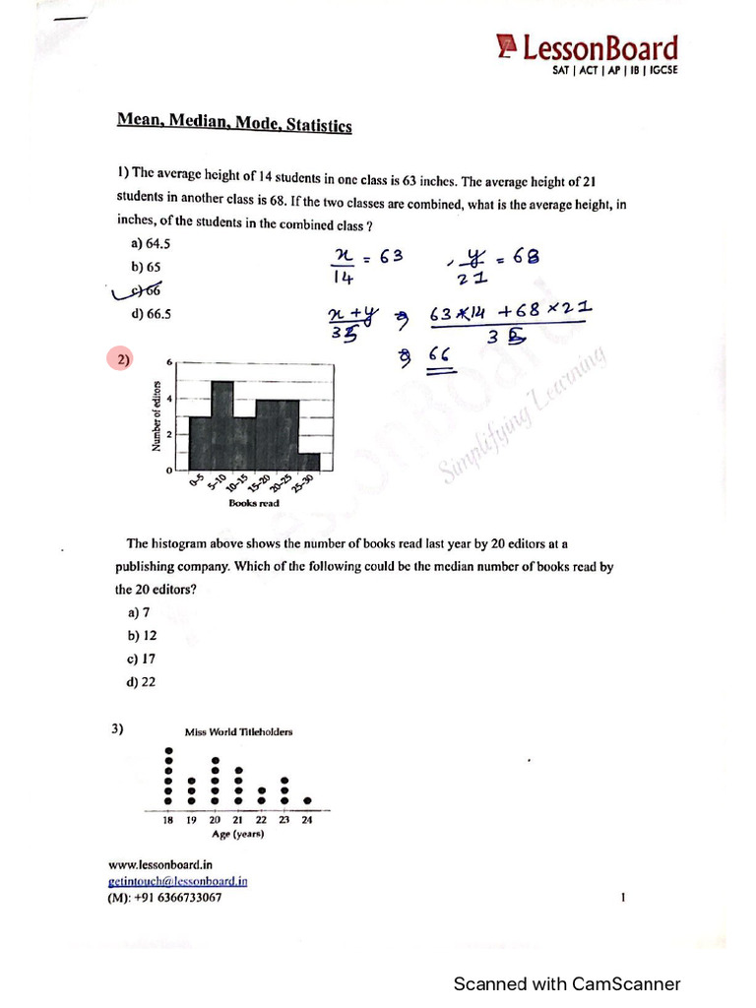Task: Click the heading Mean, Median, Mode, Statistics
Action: tap(234, 123)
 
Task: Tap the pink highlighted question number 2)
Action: tap(123, 360)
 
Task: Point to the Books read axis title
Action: tap(254, 503)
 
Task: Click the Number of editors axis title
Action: tap(156, 415)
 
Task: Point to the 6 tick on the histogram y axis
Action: tap(169, 362)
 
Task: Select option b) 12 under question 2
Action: tap(136, 635)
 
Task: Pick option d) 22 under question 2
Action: tap(136, 682)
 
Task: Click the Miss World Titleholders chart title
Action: tap(238, 731)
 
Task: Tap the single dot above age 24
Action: tap(308, 800)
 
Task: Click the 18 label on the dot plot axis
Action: tap(168, 819)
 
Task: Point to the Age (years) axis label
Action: tap(238, 834)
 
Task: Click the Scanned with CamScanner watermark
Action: tap(566, 983)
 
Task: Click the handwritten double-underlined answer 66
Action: tap(439, 355)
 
